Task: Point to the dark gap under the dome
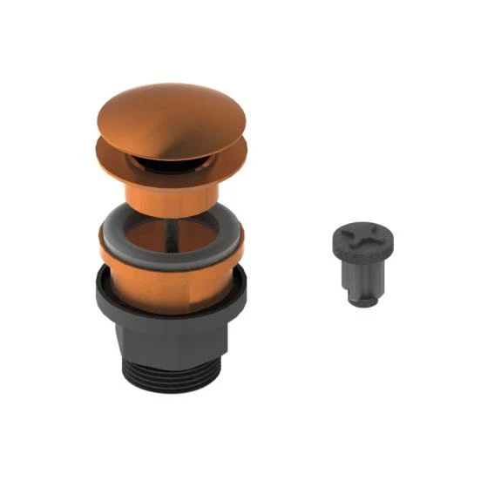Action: click(x=166, y=158)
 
